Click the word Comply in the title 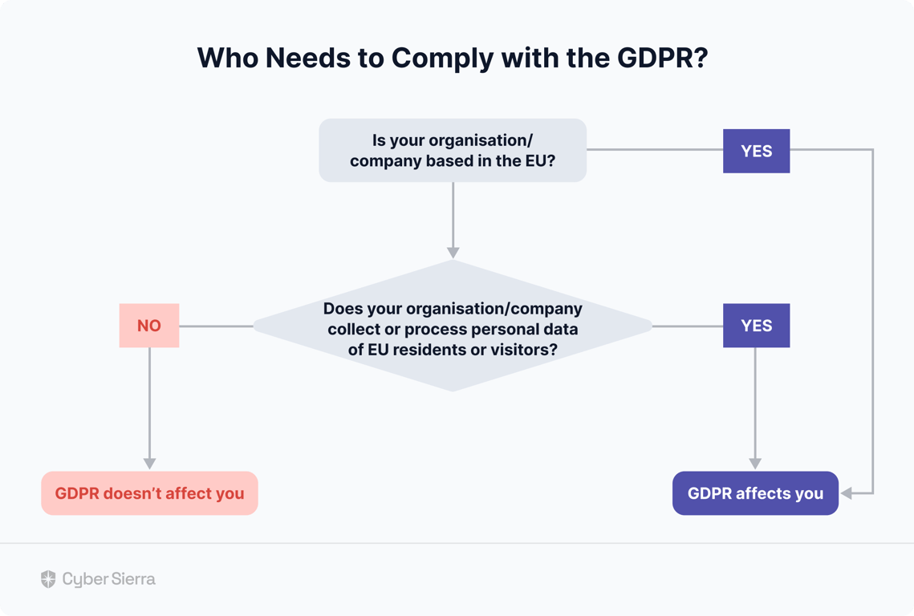(x=442, y=59)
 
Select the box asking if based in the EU (x=453, y=150)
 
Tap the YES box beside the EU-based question (x=756, y=151)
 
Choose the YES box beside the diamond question (x=756, y=325)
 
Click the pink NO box (x=149, y=325)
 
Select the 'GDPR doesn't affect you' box (x=149, y=493)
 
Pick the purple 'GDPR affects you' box (x=755, y=493)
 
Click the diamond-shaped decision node (x=453, y=326)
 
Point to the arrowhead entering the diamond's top (x=453, y=253)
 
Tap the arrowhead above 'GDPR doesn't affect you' (x=150, y=464)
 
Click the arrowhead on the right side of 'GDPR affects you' (x=847, y=493)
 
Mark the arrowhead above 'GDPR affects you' (x=755, y=464)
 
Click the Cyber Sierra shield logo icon (x=48, y=578)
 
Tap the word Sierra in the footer (x=134, y=578)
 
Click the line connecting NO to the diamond (x=216, y=326)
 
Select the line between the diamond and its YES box (x=688, y=326)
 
